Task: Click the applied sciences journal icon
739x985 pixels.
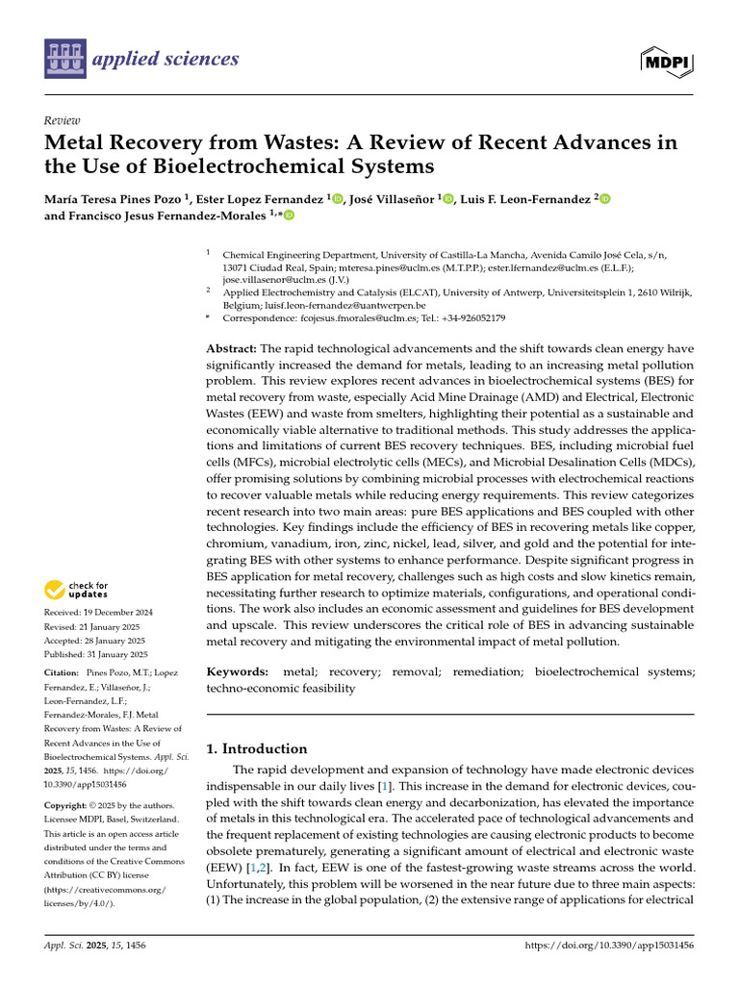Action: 64,60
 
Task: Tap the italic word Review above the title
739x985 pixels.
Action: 62,120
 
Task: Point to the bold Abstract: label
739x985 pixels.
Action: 232,348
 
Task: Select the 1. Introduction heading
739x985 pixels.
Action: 258,748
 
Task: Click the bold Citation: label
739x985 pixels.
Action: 64,673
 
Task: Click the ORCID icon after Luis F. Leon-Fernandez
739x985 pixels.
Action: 605,199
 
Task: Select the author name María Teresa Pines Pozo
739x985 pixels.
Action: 114,199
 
